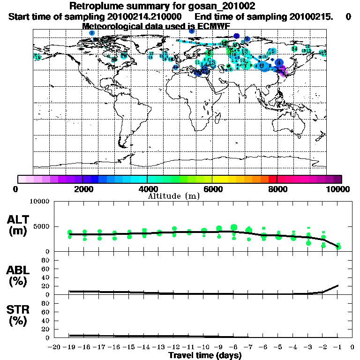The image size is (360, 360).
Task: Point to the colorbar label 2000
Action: (82, 189)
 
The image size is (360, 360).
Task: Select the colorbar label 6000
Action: (212, 189)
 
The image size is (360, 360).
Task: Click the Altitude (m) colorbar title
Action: (173, 196)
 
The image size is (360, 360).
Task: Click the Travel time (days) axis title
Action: (205, 355)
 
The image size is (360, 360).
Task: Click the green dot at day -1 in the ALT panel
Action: (338, 247)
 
